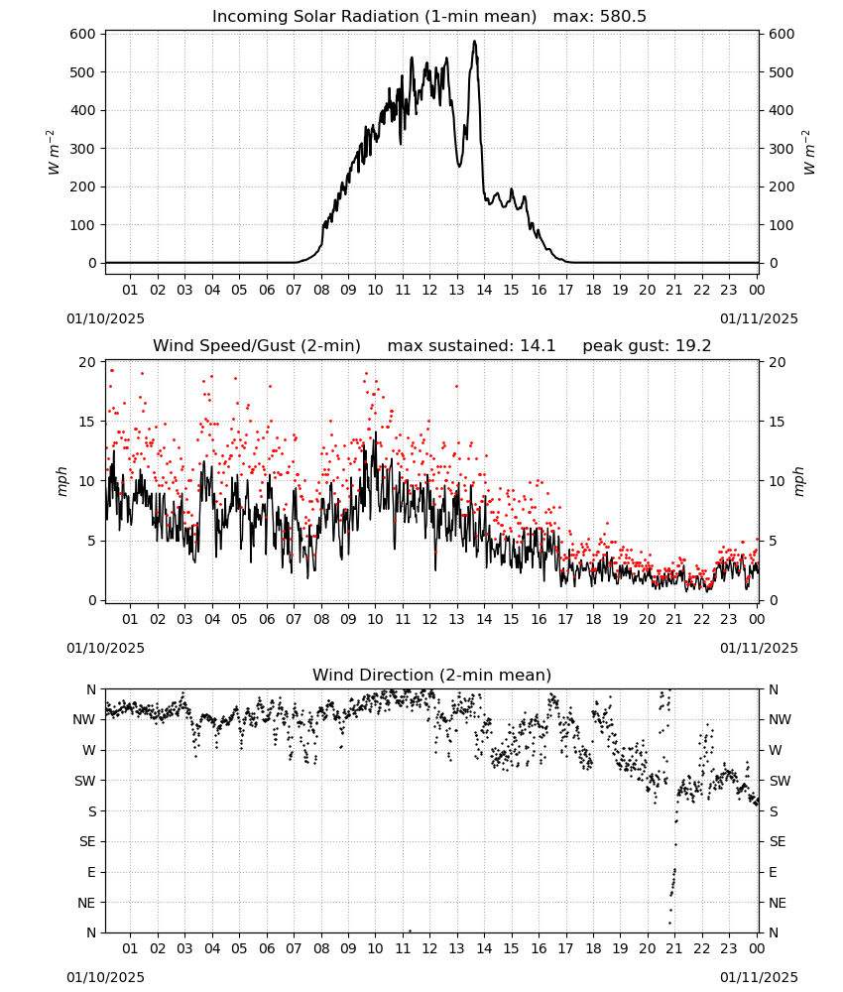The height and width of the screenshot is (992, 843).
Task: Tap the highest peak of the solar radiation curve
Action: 474,42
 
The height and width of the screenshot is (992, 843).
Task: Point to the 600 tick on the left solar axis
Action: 83,34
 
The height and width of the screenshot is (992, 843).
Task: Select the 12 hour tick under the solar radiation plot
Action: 429,290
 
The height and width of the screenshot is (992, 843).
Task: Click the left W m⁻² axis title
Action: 54,153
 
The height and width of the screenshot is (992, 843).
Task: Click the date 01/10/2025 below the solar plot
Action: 105,318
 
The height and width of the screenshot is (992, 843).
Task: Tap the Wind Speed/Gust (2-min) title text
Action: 257,346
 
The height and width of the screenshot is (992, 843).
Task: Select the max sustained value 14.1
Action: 538,346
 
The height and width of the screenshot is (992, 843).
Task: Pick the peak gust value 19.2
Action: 693,346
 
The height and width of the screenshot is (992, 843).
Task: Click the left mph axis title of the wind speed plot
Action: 61,481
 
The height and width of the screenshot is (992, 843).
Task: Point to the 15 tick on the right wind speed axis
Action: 777,422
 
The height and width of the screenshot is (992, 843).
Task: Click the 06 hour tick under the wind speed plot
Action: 267,619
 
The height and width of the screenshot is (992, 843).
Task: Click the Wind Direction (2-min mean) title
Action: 432,675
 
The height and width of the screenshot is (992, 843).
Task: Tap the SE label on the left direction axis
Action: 87,841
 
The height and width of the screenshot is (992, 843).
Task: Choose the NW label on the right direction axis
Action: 780,719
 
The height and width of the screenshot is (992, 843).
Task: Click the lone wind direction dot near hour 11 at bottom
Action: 410,930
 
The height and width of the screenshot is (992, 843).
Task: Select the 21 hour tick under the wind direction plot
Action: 674,948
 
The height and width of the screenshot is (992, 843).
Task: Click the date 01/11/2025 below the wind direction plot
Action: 759,977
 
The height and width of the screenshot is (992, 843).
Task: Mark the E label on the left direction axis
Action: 91,872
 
